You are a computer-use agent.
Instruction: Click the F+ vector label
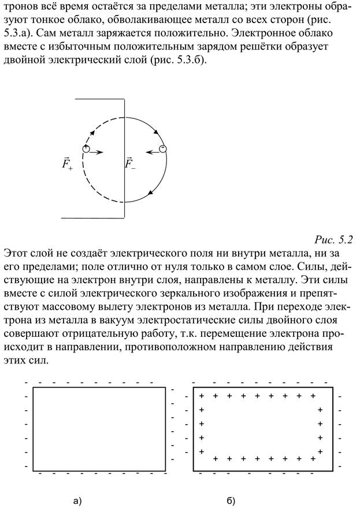coord(68,164)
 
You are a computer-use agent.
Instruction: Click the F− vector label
coord(131,164)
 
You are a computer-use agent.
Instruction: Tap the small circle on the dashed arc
coord(86,150)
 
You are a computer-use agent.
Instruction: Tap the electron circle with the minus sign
coord(163,150)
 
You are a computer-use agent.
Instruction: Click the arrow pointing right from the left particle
coord(97,153)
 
